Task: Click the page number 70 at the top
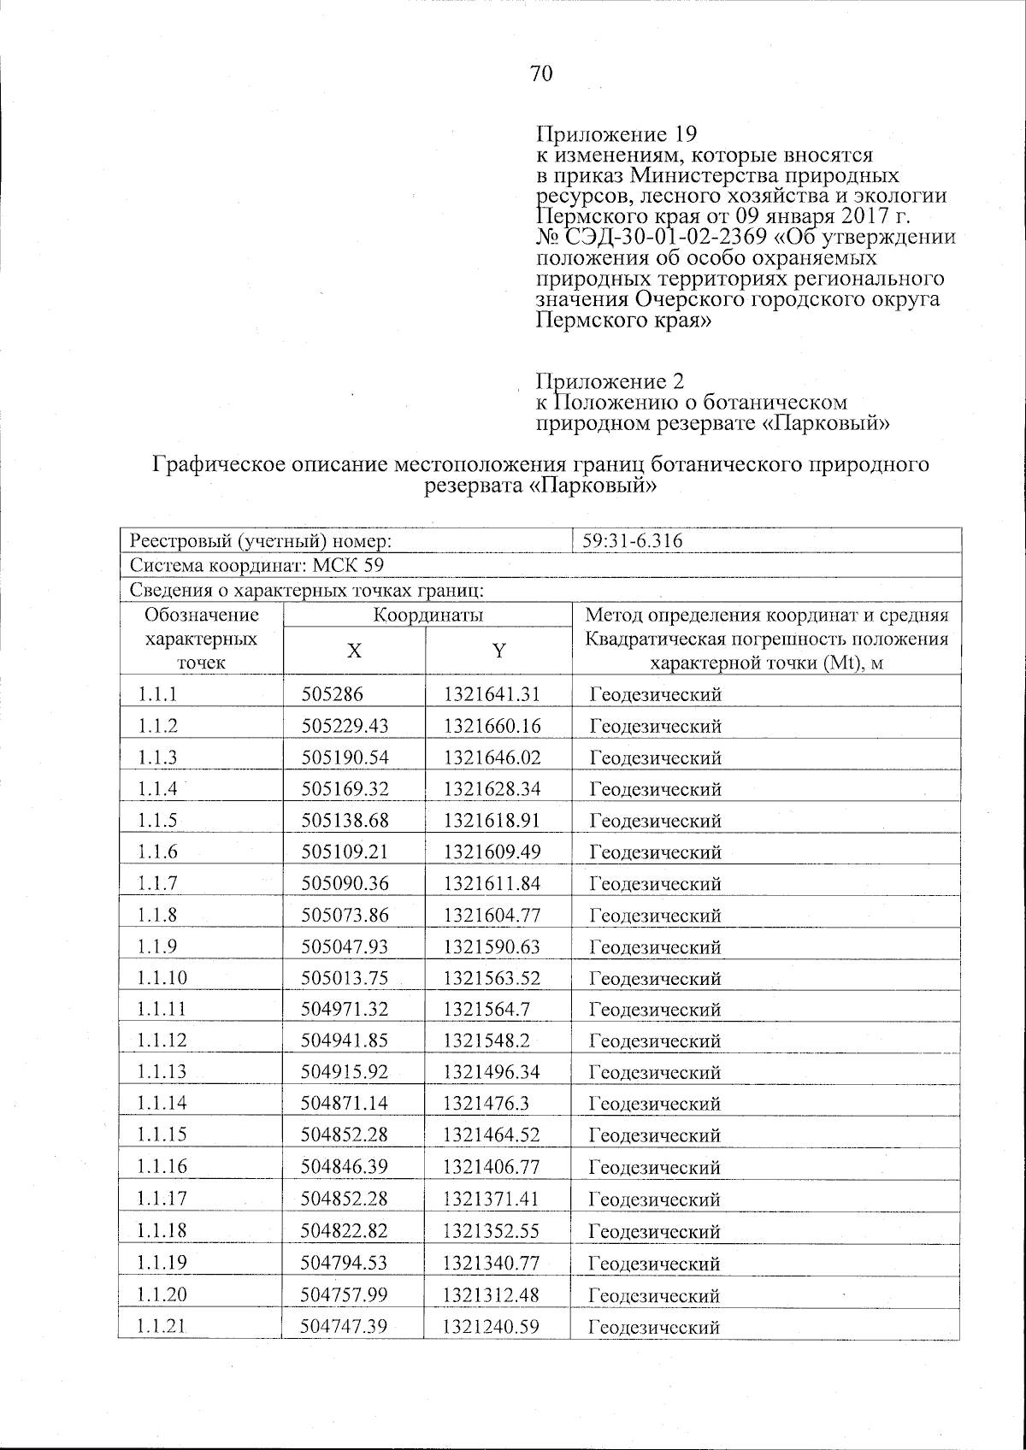click(x=541, y=74)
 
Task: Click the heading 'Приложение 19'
click(x=616, y=135)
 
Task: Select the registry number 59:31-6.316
click(x=633, y=541)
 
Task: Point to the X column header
click(x=353, y=651)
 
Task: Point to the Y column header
click(x=498, y=651)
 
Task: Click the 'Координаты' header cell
click(x=427, y=616)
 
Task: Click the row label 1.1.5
click(x=156, y=821)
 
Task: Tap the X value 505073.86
click(x=345, y=915)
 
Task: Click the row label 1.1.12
click(x=161, y=1040)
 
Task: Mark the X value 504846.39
click(x=345, y=1167)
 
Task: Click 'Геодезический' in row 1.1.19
click(x=655, y=1264)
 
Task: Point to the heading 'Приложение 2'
click(x=610, y=380)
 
